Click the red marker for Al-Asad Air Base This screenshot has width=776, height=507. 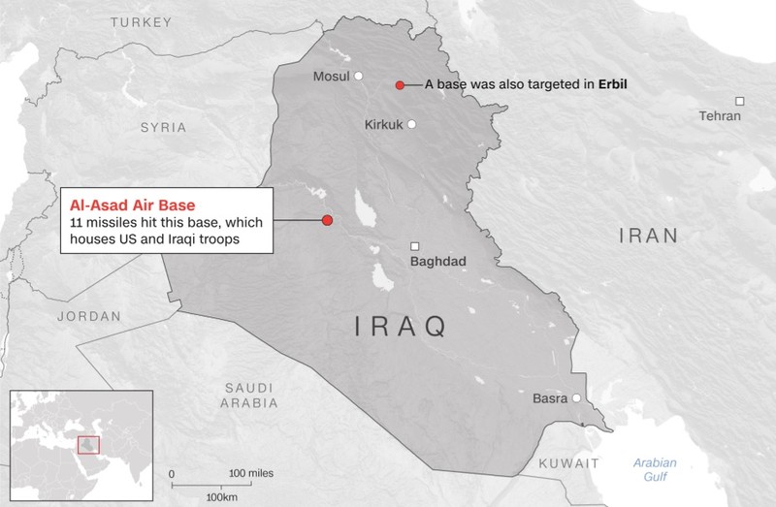pos(327,220)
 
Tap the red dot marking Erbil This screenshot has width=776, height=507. pos(400,85)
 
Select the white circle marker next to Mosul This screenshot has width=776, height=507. pos(358,76)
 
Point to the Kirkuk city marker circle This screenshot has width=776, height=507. pos(411,124)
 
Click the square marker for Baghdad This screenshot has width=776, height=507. pos(415,245)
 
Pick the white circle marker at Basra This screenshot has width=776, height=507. pos(577,398)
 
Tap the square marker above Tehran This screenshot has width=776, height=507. pos(739,101)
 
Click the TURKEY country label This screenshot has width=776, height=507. pos(143,21)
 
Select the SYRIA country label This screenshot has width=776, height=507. pos(163,127)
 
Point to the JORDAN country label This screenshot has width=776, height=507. pos(88,316)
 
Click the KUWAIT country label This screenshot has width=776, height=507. pos(568,462)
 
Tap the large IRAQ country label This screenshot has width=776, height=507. pos(400,327)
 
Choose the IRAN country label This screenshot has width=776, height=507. pos(649,235)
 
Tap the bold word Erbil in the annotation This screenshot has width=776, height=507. pos(610,85)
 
